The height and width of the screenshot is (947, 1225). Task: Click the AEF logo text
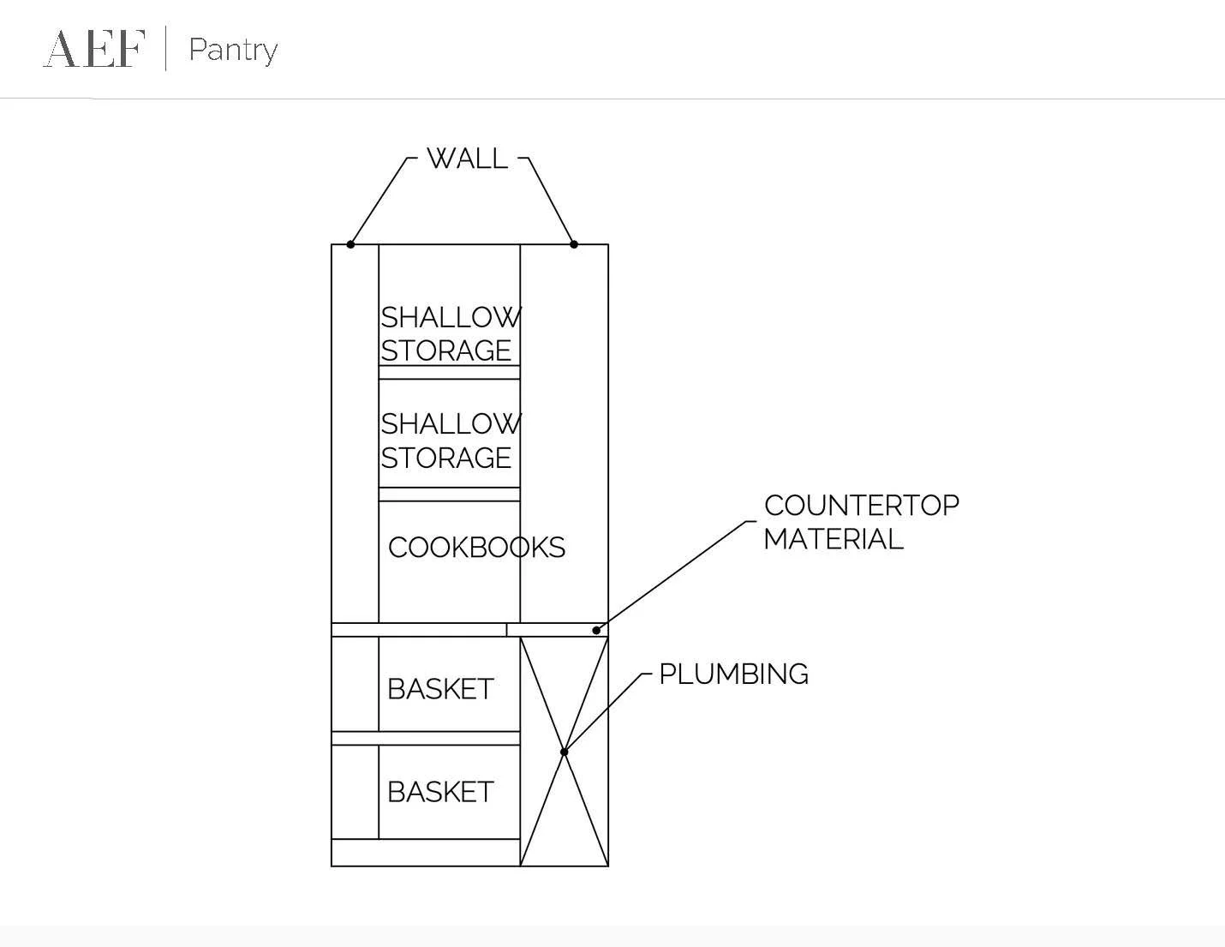(94, 48)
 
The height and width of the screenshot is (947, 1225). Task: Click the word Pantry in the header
(233, 50)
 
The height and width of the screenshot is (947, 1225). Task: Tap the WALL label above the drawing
(467, 159)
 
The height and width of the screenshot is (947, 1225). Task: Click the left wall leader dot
(350, 244)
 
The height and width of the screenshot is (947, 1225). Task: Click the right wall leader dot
(574, 244)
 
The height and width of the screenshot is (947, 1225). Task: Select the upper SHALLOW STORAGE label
(450, 333)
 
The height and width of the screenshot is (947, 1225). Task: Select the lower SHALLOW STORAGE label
(450, 441)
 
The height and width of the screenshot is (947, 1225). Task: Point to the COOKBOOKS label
(476, 548)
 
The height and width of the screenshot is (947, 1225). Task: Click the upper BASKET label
(440, 689)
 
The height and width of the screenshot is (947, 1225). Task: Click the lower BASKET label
(440, 792)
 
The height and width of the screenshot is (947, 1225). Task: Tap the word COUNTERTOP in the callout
(861, 506)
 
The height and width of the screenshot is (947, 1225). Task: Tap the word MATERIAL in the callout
(833, 539)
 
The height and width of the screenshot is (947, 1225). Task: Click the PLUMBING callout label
(733, 674)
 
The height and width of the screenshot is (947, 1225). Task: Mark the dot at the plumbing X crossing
(564, 752)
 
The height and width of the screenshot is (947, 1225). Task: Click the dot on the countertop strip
(596, 630)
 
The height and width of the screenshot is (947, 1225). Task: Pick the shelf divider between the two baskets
(426, 738)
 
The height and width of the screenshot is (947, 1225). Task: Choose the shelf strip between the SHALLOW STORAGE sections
(449, 373)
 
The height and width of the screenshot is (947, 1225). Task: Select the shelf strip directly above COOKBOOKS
(449, 494)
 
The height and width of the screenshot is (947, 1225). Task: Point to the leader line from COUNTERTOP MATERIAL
(677, 574)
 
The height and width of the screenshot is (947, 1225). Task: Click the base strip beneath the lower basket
(426, 853)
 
